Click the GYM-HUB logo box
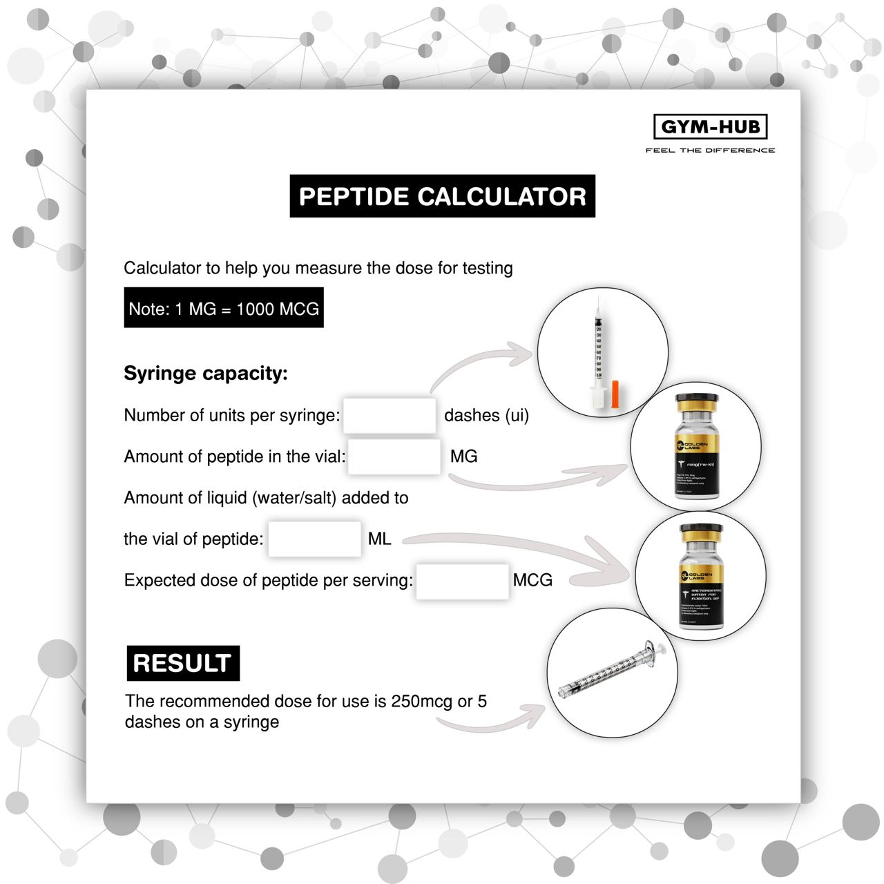point(710,126)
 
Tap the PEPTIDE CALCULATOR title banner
point(442,197)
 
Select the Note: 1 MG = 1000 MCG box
point(223,309)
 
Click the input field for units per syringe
point(390,415)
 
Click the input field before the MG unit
point(394,457)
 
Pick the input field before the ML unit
point(314,539)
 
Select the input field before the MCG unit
point(462,580)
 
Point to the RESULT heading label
point(182,663)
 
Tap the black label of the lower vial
point(701,594)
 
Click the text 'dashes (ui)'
point(486,415)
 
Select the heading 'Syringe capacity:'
point(205,374)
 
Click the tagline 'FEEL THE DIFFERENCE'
point(710,150)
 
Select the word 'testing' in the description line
point(488,268)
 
